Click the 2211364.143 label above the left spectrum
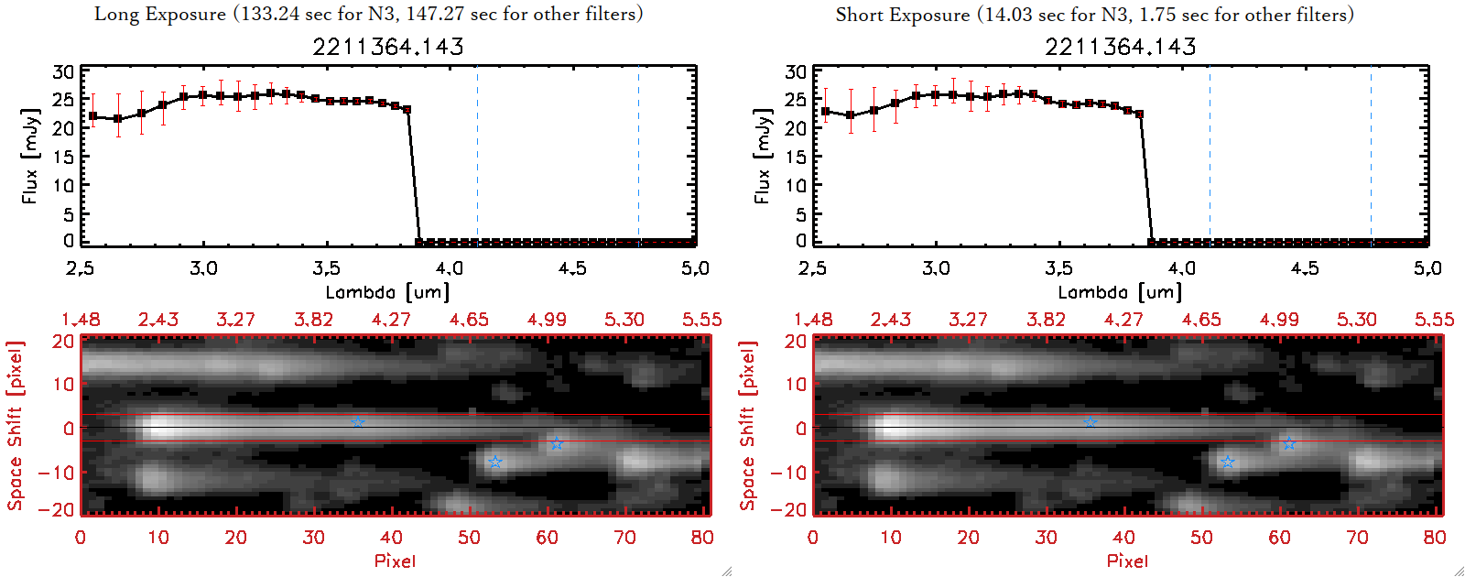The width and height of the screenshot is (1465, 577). [x=388, y=47]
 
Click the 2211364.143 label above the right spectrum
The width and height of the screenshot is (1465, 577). [x=1121, y=47]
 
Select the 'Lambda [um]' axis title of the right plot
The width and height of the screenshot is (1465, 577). [x=1120, y=292]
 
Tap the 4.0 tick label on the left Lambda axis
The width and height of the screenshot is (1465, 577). [x=449, y=268]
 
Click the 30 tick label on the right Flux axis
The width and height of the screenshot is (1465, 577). [x=796, y=72]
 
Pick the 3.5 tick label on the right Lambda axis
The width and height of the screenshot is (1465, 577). [x=1058, y=268]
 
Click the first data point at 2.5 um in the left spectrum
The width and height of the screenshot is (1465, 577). [x=92, y=116]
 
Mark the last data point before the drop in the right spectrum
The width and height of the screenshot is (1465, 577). [x=1139, y=114]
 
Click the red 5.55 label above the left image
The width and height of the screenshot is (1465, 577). [x=701, y=320]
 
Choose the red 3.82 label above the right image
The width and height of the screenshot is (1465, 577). [x=1046, y=320]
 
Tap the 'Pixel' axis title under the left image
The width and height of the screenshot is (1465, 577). [x=395, y=561]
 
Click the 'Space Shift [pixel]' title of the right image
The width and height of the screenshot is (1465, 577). [x=747, y=426]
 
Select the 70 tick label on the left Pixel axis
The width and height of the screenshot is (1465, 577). [x=624, y=538]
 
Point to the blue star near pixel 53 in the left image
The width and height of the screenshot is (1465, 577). [x=495, y=462]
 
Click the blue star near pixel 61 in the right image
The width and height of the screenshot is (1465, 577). [x=1289, y=444]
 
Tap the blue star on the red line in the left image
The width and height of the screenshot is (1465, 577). [x=358, y=422]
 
